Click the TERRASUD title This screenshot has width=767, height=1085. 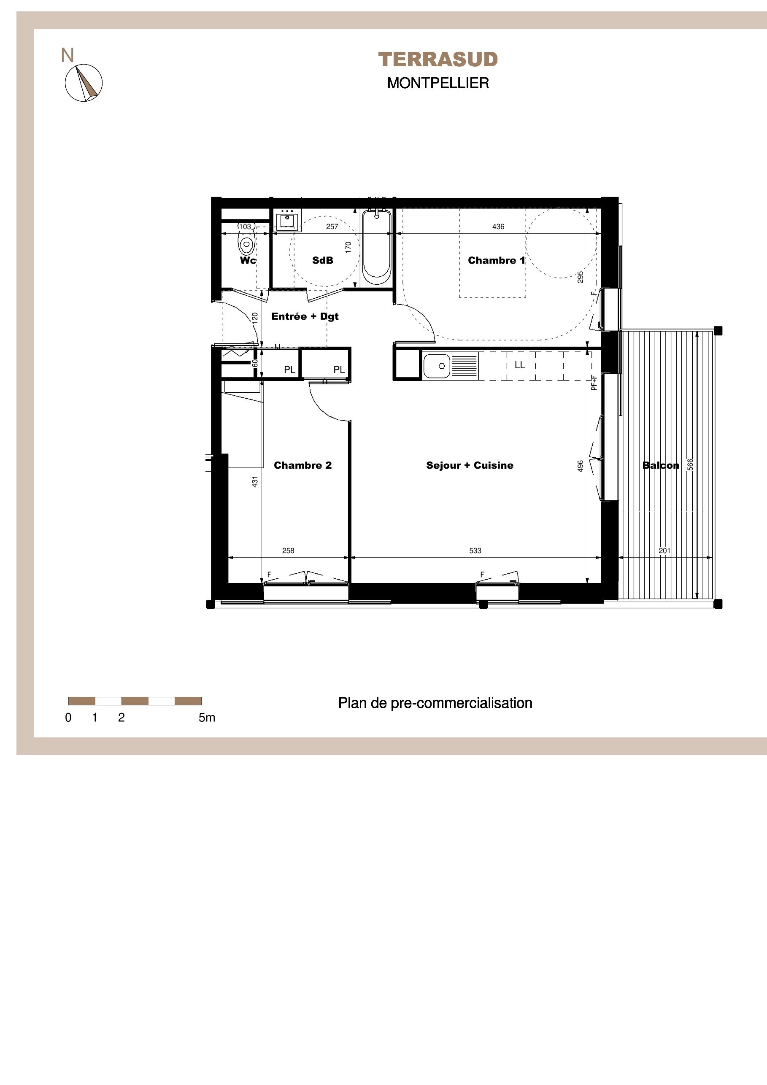click(438, 59)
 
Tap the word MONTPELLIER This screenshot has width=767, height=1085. click(438, 83)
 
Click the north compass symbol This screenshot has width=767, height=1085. click(84, 83)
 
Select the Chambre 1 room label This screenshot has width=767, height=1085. click(496, 260)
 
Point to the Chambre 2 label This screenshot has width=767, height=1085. click(302, 465)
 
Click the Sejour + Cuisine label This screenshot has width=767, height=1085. click(470, 465)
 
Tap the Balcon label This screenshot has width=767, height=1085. click(661, 465)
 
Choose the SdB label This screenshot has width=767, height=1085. click(323, 260)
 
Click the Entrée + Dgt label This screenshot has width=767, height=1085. click(305, 317)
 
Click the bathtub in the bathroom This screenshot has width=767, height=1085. click(377, 248)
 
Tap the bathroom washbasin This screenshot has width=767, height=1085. click(287, 220)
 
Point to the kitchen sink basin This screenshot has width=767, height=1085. click(437, 366)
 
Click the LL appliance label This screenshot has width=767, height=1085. click(520, 365)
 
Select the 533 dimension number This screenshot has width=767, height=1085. click(475, 551)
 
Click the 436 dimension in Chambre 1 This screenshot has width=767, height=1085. click(498, 227)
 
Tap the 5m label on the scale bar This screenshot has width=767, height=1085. click(207, 718)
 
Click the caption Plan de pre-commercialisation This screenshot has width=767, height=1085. click(435, 703)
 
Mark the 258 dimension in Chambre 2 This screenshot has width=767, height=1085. click(288, 551)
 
